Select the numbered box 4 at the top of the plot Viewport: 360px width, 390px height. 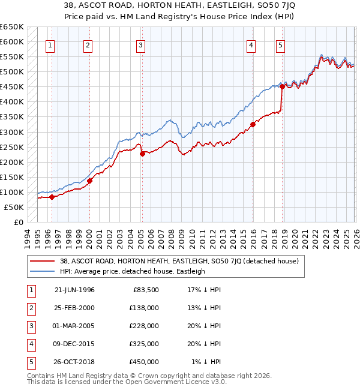(250, 45)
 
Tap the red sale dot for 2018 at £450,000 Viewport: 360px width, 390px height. (282, 86)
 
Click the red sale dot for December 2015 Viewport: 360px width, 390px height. (253, 124)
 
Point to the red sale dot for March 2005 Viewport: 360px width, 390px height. (142, 154)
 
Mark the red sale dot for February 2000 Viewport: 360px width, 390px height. (89, 181)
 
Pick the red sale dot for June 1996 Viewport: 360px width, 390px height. (52, 197)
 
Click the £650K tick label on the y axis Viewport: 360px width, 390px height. (12, 27)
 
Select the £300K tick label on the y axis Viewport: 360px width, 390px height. (12, 132)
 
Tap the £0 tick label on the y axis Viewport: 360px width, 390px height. (18, 222)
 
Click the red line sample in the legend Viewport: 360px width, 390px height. (42, 261)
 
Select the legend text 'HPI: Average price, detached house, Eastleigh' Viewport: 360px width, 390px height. (133, 271)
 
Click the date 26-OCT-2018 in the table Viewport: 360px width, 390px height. (74, 362)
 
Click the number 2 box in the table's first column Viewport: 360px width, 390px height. (30, 308)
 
